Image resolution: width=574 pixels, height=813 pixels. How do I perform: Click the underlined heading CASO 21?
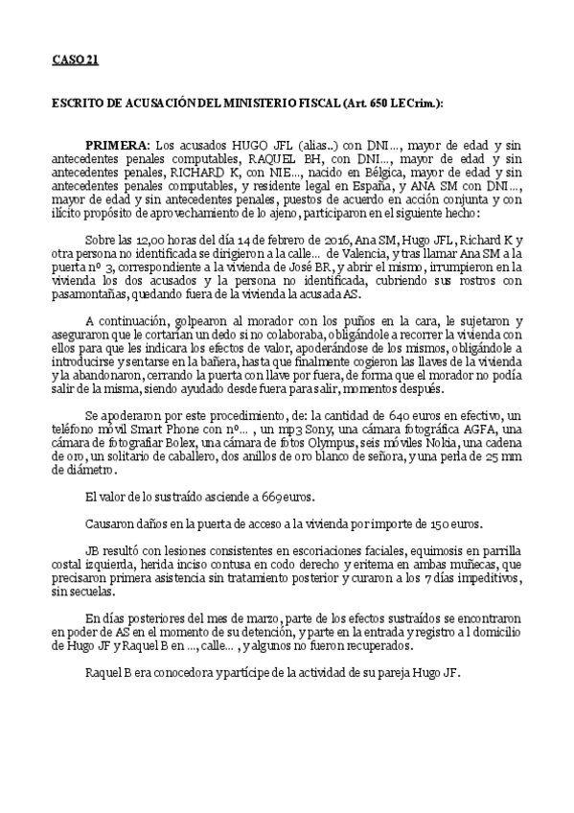pos(76,61)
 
